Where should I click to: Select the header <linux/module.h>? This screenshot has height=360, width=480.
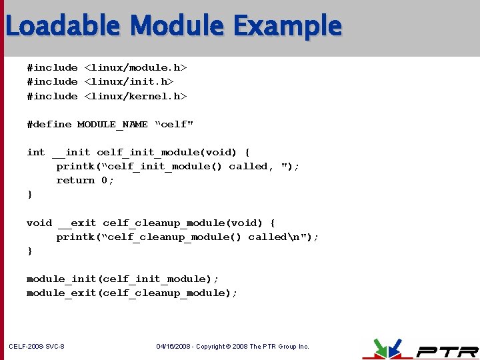coord(135,68)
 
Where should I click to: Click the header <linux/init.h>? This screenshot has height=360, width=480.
coord(129,82)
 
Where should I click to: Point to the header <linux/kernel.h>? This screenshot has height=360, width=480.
coord(135,97)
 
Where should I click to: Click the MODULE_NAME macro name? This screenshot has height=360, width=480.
coord(113,125)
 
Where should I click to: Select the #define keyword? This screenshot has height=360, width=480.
coord(49,125)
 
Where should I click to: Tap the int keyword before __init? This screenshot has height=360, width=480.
coord(36,153)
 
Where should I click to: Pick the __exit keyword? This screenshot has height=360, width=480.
coord(77,223)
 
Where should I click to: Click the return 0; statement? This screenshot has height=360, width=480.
coord(85,181)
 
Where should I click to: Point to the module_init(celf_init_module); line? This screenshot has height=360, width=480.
coord(123,279)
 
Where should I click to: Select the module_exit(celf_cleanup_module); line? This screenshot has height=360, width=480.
coord(132,293)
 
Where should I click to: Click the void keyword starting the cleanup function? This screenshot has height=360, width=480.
coord(39,223)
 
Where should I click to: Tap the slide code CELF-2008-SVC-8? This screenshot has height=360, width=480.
coord(37,347)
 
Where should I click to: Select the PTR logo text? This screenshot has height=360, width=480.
coord(447,351)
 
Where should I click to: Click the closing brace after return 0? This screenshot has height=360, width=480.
coord(29,195)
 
